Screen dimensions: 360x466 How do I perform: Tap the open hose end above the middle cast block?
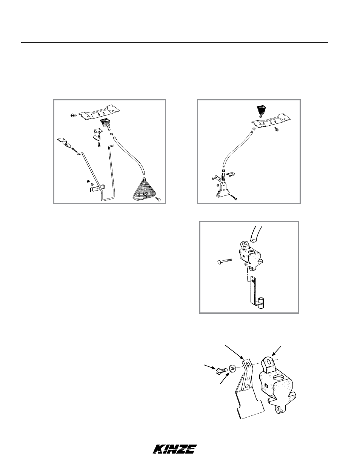pos(254,240)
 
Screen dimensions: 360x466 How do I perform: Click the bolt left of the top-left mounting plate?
pos(73,115)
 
